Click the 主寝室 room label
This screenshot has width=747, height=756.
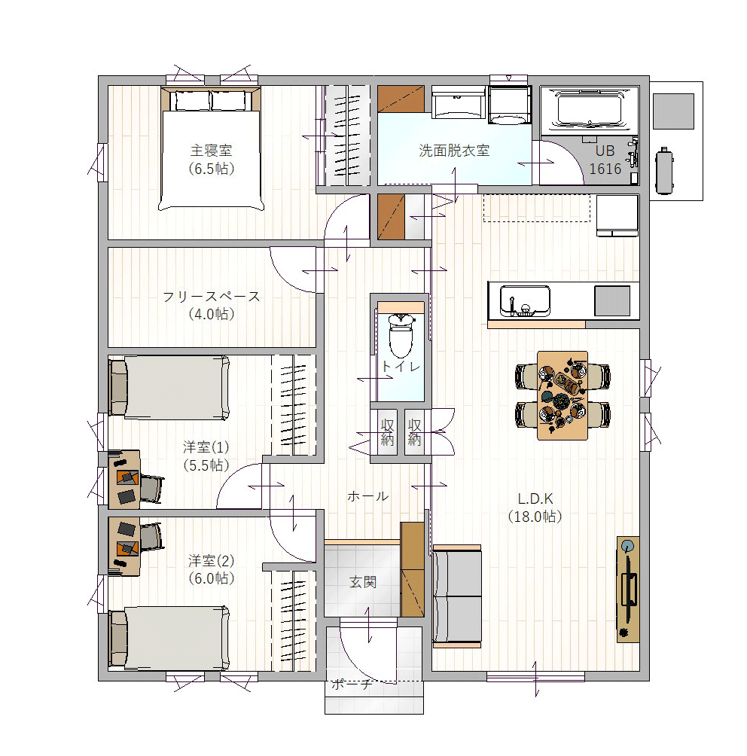pos(212,151)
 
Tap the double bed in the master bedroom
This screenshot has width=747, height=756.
pos(212,148)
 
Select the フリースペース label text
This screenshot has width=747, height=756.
pos(212,296)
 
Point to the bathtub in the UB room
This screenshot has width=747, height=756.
pos(590,109)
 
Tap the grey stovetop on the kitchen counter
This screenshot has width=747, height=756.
pos(612,301)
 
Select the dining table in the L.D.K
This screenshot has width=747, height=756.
pos(563,395)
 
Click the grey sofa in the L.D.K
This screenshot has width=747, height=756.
pos(457,596)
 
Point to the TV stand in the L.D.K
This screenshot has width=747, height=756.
pos(628,589)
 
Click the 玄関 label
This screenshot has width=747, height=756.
pos(363,582)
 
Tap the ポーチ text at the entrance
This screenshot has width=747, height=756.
pos(352,684)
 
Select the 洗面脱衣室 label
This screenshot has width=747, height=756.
pos(454,151)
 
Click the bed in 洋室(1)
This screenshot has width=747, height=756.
pos(169,388)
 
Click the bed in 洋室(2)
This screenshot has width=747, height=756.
pos(169,638)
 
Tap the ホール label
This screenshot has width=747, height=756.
pos(368,496)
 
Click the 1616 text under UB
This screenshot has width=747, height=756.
pos(605,169)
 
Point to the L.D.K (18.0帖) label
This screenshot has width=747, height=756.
pos(535,508)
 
